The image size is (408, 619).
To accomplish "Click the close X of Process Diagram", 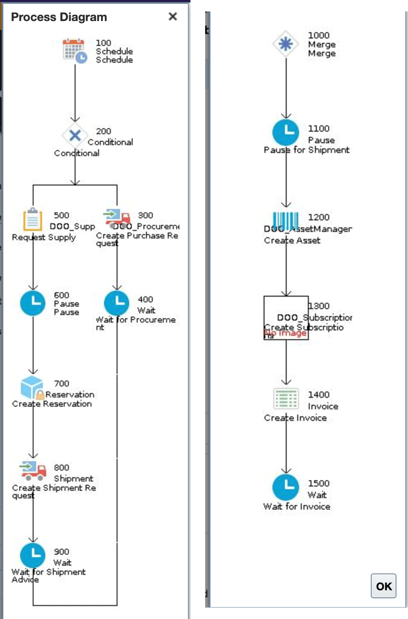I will [173, 16].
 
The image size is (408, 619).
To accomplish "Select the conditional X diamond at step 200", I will [75, 135].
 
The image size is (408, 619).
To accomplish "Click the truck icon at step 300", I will [117, 218].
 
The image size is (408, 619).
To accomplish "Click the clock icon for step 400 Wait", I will [116, 303].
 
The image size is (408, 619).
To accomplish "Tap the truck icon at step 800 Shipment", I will [33, 471].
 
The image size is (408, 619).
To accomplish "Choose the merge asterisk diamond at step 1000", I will [286, 44].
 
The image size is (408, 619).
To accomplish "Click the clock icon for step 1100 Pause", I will [286, 132].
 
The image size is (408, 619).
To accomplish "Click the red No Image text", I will [286, 333].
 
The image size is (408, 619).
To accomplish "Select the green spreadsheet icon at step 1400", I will [286, 398].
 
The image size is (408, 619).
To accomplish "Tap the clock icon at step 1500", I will [286, 487].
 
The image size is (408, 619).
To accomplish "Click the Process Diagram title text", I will [59, 17].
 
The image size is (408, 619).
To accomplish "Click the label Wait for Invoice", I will [297, 506].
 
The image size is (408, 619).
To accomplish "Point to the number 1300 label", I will [319, 306].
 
